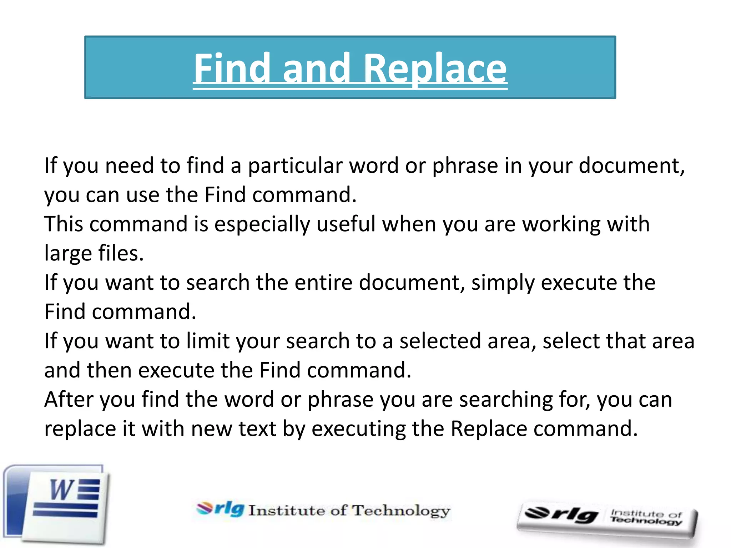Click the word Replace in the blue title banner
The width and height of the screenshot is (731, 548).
click(x=435, y=68)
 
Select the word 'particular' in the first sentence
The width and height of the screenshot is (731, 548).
click(x=295, y=166)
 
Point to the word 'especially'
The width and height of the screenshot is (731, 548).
click(x=262, y=225)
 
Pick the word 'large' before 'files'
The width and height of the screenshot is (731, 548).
click(x=68, y=254)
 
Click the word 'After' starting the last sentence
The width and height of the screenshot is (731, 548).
click(x=69, y=399)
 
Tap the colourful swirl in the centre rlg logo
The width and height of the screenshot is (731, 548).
click(x=205, y=508)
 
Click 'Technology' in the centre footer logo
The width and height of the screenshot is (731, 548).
click(x=401, y=511)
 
